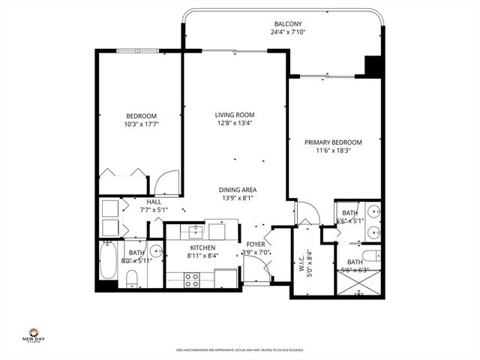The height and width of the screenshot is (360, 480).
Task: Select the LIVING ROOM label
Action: click(x=234, y=115)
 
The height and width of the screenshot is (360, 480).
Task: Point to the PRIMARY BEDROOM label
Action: click(x=333, y=142)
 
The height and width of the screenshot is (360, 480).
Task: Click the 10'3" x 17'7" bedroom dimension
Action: click(x=141, y=124)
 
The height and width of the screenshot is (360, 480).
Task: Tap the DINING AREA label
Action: click(x=237, y=190)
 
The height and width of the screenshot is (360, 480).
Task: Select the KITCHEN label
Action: click(x=202, y=247)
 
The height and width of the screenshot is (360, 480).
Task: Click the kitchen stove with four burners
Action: click(x=191, y=279)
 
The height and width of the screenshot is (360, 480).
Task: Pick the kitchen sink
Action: click(x=196, y=230)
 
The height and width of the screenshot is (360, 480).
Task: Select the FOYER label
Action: click(x=255, y=244)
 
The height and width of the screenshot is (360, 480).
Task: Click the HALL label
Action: click(x=154, y=202)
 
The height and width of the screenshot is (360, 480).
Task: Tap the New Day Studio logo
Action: click(x=34, y=335)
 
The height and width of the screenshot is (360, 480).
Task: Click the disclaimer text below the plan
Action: click(x=239, y=349)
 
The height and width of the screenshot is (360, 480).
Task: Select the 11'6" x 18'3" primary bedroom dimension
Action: click(x=333, y=151)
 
